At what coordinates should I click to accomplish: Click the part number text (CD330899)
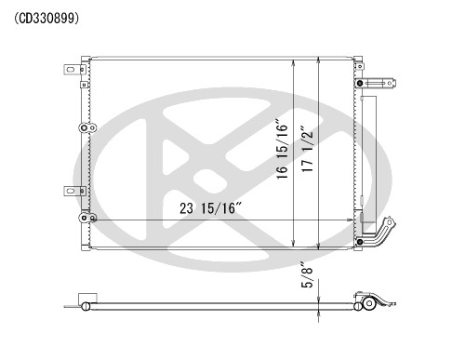46,18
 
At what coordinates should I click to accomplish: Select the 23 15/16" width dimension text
210,209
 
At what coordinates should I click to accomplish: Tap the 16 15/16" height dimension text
283,153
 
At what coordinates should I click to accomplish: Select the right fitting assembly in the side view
372,302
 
